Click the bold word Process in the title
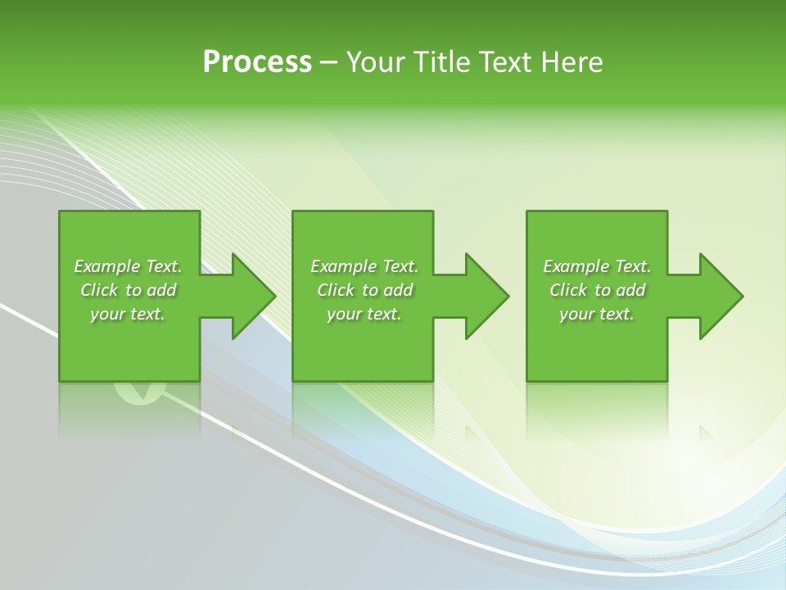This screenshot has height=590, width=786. (x=257, y=62)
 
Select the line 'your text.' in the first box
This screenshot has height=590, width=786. (x=128, y=314)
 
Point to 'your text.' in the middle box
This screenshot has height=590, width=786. (x=364, y=314)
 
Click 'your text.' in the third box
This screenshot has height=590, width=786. (x=597, y=314)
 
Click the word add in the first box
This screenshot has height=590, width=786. (x=161, y=290)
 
